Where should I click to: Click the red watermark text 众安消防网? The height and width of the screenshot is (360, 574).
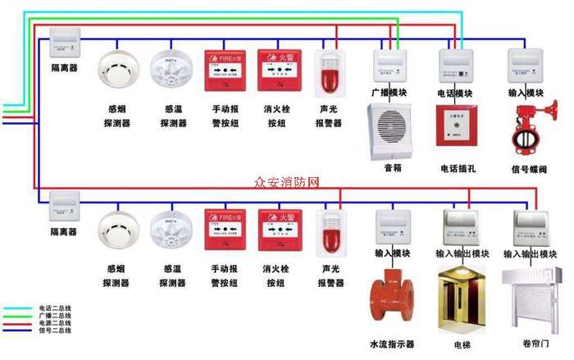pos(287,182)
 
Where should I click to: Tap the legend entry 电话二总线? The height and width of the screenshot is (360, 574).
pos(56,309)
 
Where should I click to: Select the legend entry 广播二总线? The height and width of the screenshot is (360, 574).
pos(56,316)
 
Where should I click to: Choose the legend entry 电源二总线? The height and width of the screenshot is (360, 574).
pos(56,323)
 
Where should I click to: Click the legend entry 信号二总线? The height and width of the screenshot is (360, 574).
pos(56,330)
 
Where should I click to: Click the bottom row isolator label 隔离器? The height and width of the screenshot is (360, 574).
pos(64,232)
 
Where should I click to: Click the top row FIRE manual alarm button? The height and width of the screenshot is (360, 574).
pos(225,72)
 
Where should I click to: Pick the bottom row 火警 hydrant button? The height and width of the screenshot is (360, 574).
pos(279,232)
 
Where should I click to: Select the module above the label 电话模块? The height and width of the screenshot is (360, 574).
pos(456,64)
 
